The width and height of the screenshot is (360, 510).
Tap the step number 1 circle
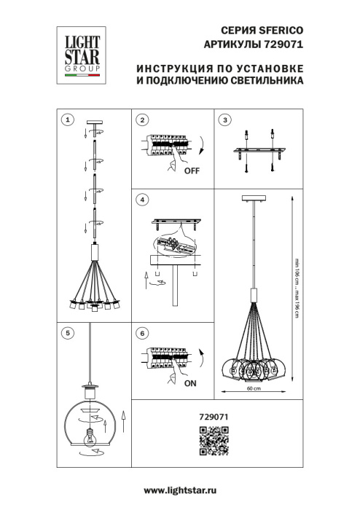click(x=66, y=119)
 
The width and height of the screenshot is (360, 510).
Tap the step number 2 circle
click(x=143, y=119)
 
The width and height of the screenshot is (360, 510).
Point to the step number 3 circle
click(x=225, y=119)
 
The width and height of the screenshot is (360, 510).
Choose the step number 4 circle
click(x=143, y=199)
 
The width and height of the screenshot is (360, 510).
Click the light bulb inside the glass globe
click(x=92, y=437)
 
